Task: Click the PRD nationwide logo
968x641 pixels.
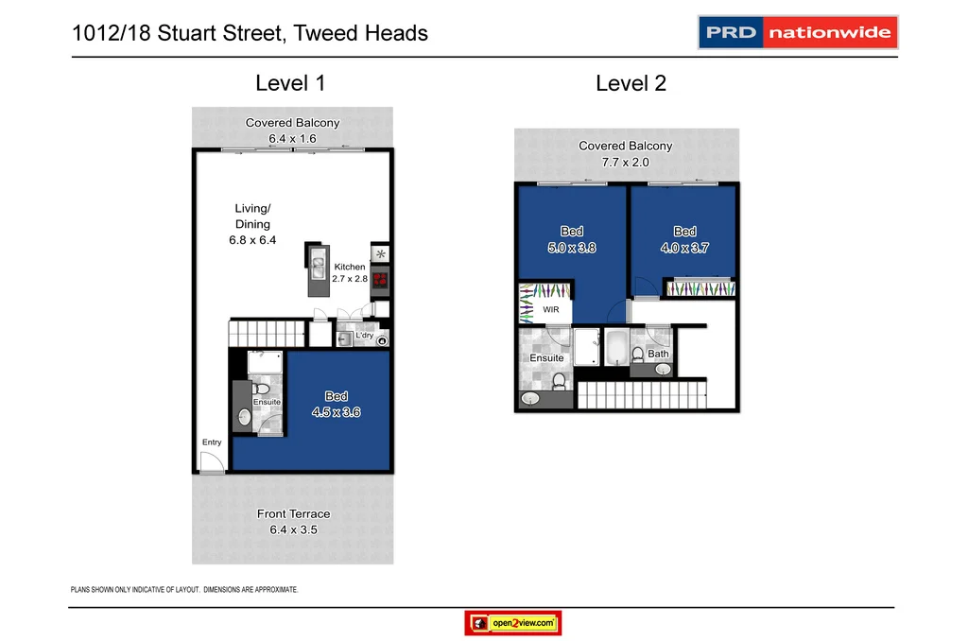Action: pyautogui.click(x=798, y=32)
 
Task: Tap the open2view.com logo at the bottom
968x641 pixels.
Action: pyautogui.click(x=513, y=624)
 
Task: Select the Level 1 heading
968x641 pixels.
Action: pyautogui.click(x=290, y=83)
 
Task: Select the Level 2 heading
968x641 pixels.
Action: pyautogui.click(x=631, y=83)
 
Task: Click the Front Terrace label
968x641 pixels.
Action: pyautogui.click(x=294, y=522)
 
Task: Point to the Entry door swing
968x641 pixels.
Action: pyautogui.click(x=212, y=462)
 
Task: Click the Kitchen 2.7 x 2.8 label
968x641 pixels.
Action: pyautogui.click(x=349, y=273)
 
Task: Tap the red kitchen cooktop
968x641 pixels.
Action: pyautogui.click(x=380, y=280)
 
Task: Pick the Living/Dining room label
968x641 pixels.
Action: pyautogui.click(x=251, y=224)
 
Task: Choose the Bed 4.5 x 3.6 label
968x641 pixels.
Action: pyautogui.click(x=336, y=405)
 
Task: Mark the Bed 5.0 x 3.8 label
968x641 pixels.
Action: pyautogui.click(x=571, y=239)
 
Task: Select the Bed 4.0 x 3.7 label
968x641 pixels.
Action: pyautogui.click(x=684, y=239)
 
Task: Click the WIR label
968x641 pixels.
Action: pyautogui.click(x=550, y=309)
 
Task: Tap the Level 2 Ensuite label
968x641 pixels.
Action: pyautogui.click(x=546, y=358)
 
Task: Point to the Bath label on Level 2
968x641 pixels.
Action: pyautogui.click(x=658, y=355)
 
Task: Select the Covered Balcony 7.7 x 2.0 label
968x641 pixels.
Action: pyautogui.click(x=625, y=154)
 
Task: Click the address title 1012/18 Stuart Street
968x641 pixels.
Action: pyautogui.click(x=250, y=34)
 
